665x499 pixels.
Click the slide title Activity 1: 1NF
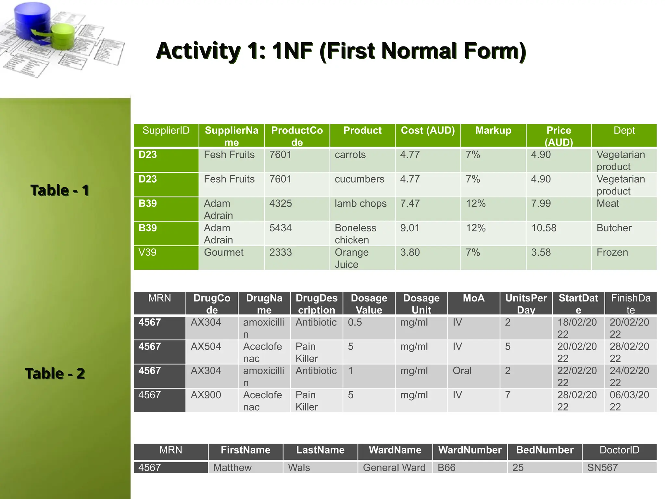[341, 51]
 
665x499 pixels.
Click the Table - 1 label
[60, 190]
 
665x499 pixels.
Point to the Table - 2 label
[55, 374]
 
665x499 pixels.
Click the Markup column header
[493, 131]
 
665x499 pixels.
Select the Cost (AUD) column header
[428, 131]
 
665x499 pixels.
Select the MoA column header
[473, 298]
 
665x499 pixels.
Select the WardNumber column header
[470, 450]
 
